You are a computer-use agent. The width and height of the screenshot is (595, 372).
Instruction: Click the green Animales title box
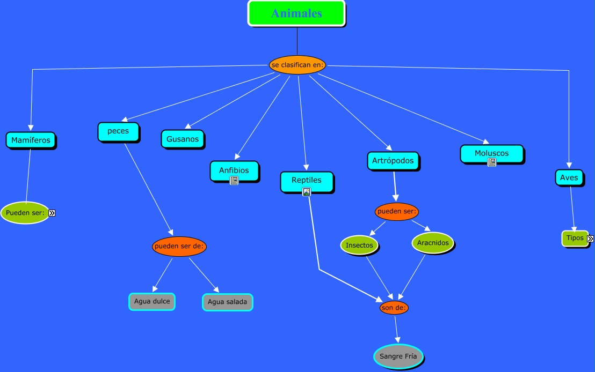coord(296,13)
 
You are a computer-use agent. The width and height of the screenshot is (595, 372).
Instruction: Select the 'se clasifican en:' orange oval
coord(297,65)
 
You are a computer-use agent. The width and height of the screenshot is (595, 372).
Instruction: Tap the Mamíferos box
coord(31,140)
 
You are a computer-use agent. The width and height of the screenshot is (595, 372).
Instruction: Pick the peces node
coord(118,131)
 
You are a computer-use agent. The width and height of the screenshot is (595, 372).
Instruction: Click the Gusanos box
coord(183,139)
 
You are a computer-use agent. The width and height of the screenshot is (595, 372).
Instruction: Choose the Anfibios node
coord(234,170)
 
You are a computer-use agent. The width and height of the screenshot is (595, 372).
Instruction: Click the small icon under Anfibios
coord(234,181)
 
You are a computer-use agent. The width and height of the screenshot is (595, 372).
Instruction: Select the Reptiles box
coord(307,180)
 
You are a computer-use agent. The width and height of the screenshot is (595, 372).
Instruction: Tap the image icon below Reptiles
coord(307,192)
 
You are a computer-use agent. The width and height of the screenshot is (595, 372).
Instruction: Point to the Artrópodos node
coord(393,160)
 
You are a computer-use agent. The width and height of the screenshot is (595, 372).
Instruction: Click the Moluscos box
coord(491,153)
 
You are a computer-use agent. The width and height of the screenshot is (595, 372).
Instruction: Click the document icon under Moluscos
coord(491,162)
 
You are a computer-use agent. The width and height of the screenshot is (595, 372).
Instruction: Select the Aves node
coord(569,177)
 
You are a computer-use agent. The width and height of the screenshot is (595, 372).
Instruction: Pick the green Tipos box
coord(575,238)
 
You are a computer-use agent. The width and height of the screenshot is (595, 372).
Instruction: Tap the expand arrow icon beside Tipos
coord(590,239)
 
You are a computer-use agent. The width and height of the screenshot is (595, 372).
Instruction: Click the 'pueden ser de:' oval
coord(179,247)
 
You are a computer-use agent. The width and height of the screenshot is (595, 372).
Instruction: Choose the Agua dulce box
coord(152,301)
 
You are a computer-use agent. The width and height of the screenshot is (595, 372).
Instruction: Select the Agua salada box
coord(227,302)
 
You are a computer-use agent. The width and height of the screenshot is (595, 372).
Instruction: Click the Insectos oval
coord(359,245)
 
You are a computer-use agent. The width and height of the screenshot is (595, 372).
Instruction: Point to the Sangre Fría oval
coord(398,356)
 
